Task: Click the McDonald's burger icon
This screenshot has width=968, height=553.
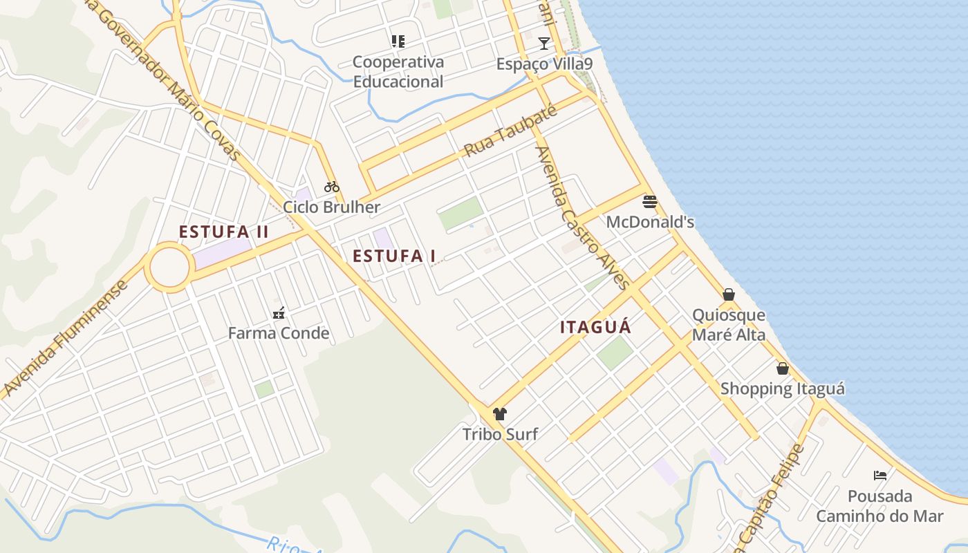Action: (x=650, y=201)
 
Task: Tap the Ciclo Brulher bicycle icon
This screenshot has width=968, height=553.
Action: (x=332, y=186)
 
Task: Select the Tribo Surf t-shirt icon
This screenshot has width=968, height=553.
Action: (x=500, y=414)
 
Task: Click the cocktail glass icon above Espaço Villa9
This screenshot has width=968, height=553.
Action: (x=544, y=44)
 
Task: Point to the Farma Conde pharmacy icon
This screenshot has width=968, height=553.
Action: (x=278, y=313)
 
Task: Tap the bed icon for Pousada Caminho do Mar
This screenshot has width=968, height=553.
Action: (x=880, y=476)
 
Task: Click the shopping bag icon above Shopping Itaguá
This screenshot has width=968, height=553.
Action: (x=783, y=368)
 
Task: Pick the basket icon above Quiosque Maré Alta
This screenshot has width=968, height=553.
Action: (x=729, y=294)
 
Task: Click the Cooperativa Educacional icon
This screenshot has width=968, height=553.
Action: (x=398, y=41)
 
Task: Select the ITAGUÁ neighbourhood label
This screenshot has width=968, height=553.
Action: (x=596, y=328)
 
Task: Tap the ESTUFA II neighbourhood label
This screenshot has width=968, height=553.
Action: (x=223, y=232)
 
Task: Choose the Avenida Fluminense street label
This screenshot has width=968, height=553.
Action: (x=66, y=339)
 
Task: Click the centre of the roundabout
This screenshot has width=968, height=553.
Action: (x=169, y=268)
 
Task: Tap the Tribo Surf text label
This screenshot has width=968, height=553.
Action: (x=500, y=435)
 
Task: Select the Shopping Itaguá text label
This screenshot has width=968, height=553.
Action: (x=783, y=388)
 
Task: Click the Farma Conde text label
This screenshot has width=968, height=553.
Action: (x=279, y=333)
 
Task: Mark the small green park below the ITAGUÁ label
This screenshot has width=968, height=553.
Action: (x=615, y=353)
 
